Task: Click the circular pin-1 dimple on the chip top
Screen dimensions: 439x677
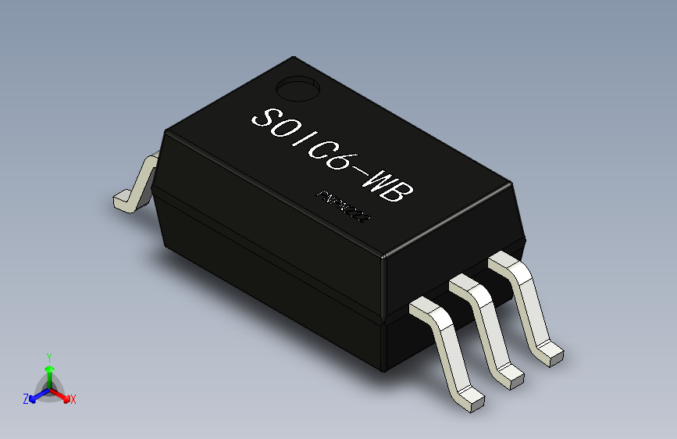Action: point(298,87)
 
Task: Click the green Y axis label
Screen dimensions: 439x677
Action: point(48,355)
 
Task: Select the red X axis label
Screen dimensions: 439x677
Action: point(73,399)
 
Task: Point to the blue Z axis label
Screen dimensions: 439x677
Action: point(26,398)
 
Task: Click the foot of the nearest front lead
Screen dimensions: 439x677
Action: point(471,399)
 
